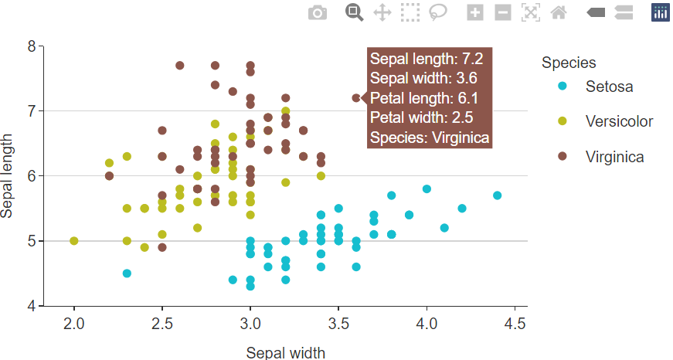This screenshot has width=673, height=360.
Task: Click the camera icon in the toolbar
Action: (318, 12)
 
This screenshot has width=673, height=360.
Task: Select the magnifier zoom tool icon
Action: (354, 12)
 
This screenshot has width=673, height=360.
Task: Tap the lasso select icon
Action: (438, 12)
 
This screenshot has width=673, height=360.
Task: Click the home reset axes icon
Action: (559, 12)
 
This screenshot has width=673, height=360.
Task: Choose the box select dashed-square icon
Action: (410, 12)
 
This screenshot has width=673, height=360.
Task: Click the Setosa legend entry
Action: (609, 87)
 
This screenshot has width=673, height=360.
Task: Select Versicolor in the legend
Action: (619, 121)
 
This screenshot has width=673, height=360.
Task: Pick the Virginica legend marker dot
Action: (563, 156)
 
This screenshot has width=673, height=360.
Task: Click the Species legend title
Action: (569, 63)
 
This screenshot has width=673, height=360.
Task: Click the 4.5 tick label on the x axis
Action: (515, 323)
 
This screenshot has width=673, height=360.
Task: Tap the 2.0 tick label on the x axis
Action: (74, 323)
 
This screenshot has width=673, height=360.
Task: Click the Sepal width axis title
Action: (285, 352)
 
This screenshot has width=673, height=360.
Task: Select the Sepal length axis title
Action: (6, 176)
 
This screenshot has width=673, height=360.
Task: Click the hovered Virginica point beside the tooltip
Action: (356, 98)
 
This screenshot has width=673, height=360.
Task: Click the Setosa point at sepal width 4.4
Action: (497, 195)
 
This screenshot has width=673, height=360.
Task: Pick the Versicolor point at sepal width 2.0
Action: (74, 241)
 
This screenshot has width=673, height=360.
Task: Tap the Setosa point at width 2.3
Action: (127, 273)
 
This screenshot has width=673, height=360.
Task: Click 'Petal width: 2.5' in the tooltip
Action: (421, 117)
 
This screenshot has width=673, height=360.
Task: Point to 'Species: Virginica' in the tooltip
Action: (429, 138)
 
